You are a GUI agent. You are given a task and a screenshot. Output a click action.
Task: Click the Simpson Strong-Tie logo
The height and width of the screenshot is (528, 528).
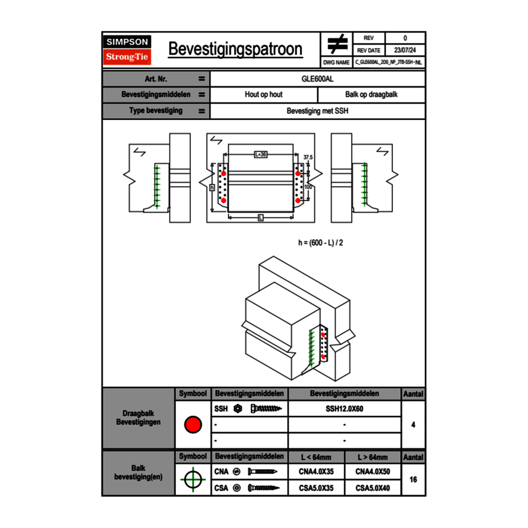pos(128,50)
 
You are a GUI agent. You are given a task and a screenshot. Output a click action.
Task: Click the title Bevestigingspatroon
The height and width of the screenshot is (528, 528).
pos(235,49)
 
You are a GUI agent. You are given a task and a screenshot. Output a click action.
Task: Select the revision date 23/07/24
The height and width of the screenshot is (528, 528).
pos(405,50)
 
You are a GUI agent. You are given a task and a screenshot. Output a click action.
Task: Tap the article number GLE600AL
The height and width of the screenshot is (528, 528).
pos(317,79)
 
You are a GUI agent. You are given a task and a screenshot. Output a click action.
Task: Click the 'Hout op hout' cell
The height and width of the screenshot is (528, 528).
pos(263,95)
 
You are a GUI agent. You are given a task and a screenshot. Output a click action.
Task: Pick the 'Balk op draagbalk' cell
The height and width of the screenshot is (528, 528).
pos(371,95)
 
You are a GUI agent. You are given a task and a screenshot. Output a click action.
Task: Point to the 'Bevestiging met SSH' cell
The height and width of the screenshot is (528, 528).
pos(317,111)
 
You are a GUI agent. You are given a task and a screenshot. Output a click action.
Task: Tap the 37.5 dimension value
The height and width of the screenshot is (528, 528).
pos(308,157)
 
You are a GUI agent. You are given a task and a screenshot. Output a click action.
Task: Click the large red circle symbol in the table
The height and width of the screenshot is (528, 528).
pos(193,425)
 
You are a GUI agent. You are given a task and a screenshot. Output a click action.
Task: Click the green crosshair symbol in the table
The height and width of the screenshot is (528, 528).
pos(193,479)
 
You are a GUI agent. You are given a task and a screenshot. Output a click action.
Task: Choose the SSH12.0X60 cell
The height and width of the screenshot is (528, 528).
pos(344,409)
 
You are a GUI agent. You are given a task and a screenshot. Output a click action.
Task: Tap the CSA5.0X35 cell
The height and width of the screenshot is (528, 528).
pos(316,488)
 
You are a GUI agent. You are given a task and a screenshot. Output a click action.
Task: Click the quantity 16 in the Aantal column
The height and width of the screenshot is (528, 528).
pos(413,480)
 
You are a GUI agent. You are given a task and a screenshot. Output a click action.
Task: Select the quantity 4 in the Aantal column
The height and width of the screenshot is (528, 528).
pos(413,425)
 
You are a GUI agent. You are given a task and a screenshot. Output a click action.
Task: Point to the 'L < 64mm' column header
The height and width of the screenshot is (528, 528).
pos(316,457)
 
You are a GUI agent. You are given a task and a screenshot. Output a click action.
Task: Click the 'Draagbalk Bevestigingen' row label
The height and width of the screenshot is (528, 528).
pos(139,418)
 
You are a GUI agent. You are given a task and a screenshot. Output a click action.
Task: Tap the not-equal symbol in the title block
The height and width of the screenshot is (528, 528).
pos(337,44)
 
